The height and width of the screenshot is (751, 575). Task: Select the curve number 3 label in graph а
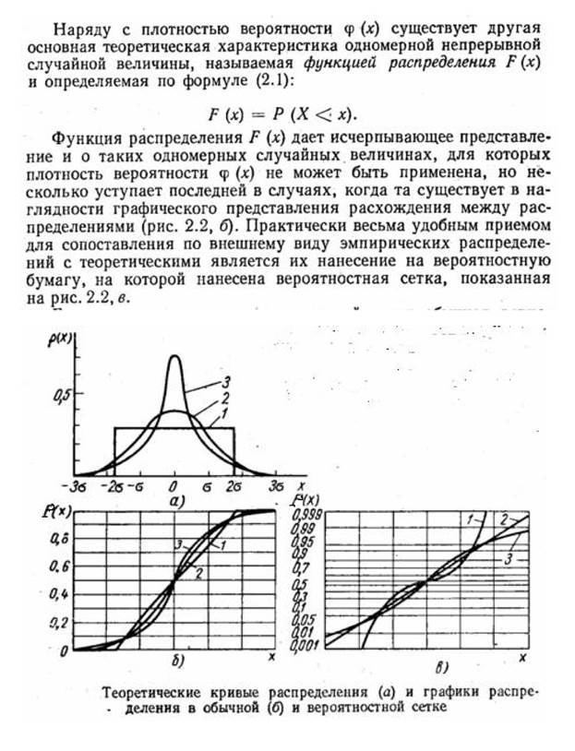224,381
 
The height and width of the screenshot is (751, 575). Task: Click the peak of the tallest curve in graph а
174,356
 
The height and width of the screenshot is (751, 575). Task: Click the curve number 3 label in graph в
510,559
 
